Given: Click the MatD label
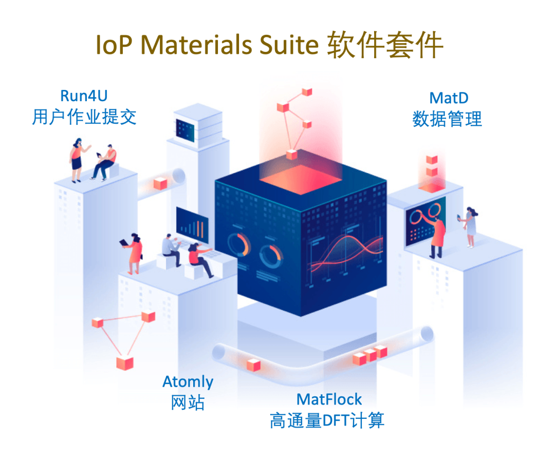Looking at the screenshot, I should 449,98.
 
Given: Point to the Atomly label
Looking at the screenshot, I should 188,382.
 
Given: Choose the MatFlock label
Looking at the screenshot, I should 329,399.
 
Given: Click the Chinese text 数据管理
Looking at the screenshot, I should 447,119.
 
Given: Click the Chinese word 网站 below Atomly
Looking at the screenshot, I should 188,403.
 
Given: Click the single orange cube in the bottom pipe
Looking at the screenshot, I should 253,365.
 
